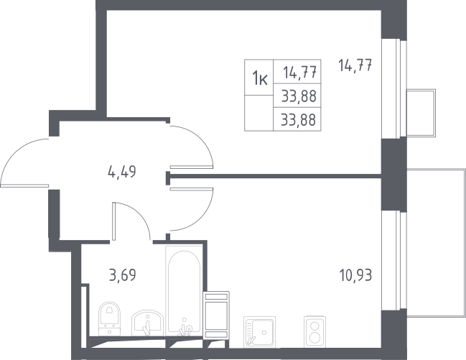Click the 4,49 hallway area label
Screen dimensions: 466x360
coord(121,172)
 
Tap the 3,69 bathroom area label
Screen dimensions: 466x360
coord(123,274)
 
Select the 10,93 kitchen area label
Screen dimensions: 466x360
coord(355,275)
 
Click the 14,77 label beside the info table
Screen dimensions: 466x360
coord(355,65)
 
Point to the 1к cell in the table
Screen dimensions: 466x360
coord(259,78)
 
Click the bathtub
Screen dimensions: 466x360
coord(184,292)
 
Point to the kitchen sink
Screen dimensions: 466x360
coord(259,331)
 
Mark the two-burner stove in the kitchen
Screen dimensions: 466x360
coord(314,331)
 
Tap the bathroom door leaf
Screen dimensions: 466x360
coord(114,221)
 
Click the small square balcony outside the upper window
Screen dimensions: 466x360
coord(421,113)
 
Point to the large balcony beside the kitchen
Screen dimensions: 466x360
coord(436,242)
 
